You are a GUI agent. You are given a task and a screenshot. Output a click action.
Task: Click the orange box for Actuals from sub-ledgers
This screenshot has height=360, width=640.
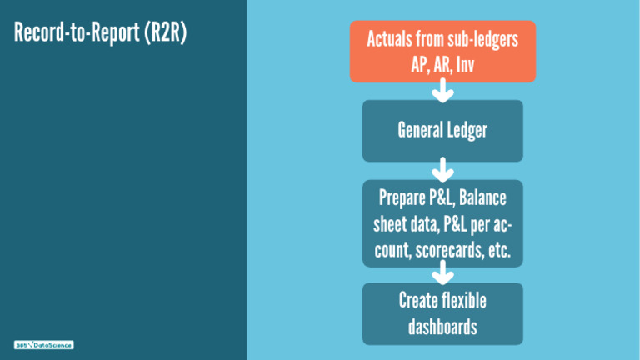pos(442,51)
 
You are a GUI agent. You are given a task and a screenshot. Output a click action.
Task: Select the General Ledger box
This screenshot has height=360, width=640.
pos(442,131)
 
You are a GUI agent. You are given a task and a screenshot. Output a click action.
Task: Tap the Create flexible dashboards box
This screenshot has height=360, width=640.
pos(442,313)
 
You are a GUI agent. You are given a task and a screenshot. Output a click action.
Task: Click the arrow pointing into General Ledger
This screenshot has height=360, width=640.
pos(442,91)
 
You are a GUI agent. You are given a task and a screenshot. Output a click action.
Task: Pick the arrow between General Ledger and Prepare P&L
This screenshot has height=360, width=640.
pos(442,171)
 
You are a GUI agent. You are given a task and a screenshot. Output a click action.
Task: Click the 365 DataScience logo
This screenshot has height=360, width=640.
pos(44,345)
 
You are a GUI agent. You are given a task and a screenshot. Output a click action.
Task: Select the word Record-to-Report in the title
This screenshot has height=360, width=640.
pos(77,35)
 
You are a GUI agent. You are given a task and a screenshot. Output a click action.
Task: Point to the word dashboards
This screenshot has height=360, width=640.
pos(442,326)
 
